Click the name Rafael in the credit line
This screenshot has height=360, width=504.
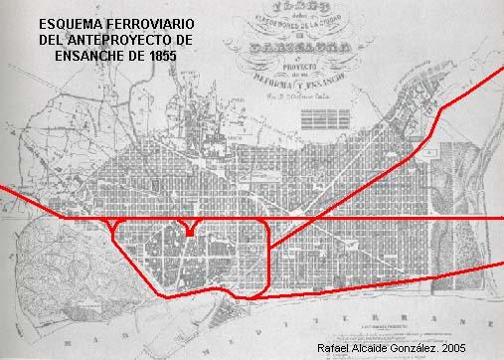click(333, 348)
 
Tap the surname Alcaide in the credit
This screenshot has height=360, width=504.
click(372, 348)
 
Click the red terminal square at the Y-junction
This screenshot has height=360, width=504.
click(189, 233)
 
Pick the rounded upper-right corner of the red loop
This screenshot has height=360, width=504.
click(266, 223)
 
